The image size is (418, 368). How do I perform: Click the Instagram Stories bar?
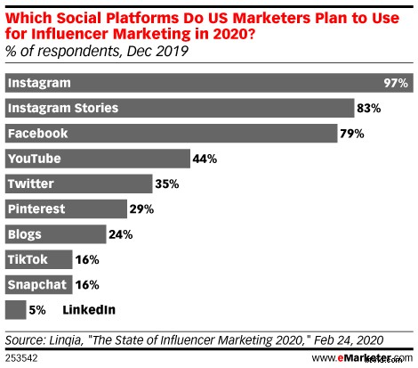(179, 108)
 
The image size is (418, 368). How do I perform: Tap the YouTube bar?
(97, 159)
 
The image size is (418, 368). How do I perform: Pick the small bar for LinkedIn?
(14, 310)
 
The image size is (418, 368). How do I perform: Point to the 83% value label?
(367, 108)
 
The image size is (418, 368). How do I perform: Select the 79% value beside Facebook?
(352, 133)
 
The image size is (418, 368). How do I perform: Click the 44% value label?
(204, 159)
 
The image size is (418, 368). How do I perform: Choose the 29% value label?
(141, 209)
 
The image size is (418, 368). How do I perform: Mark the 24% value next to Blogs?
(121, 234)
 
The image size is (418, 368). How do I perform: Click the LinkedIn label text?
(89, 310)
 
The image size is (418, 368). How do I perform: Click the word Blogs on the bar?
(24, 234)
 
